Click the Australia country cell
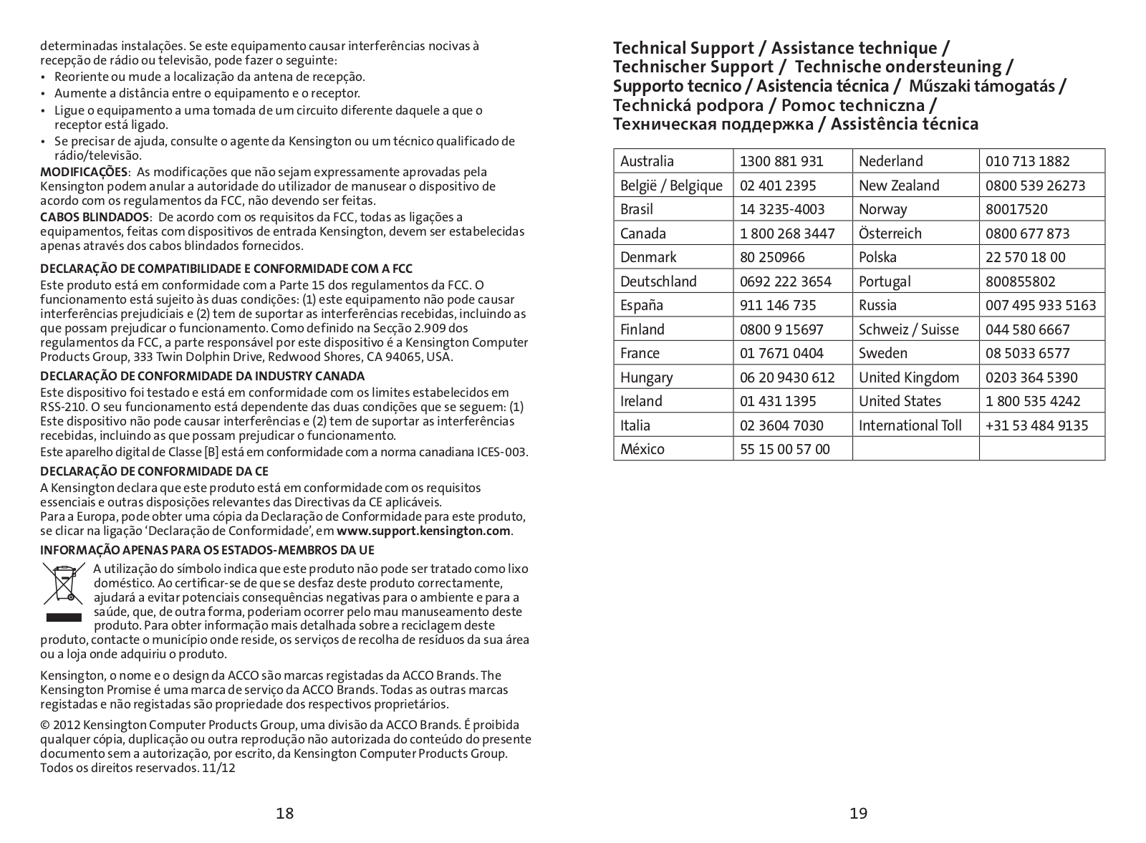click(x=647, y=161)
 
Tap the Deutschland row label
click(x=658, y=281)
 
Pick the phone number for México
click(x=784, y=449)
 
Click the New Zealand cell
click(x=899, y=186)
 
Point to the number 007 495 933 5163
click(x=1040, y=305)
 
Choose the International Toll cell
click(x=910, y=425)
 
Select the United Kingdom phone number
click(x=1031, y=377)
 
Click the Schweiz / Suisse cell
click(x=908, y=329)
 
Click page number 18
click(x=285, y=813)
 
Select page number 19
click(x=858, y=813)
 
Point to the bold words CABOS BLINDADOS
click(x=95, y=217)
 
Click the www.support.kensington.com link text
click(x=423, y=531)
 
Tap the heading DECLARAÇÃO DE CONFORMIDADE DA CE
click(x=154, y=471)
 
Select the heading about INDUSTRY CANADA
click(x=202, y=376)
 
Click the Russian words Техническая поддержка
click(x=713, y=125)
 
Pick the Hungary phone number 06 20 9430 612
click(x=787, y=377)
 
